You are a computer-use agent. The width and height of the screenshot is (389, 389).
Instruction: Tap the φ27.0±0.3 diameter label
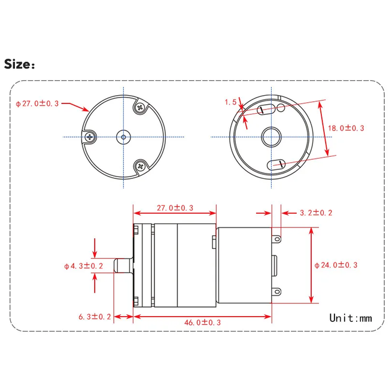(x=37, y=103)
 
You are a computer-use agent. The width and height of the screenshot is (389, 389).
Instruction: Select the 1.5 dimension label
(x=230, y=102)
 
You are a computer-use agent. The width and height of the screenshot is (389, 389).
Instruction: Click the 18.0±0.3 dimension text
(x=347, y=127)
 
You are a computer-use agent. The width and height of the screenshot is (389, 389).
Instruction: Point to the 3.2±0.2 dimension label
(x=315, y=212)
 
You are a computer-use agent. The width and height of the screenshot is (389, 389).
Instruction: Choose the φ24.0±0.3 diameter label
(x=336, y=265)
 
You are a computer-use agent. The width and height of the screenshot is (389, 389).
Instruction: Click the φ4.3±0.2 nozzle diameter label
(x=84, y=265)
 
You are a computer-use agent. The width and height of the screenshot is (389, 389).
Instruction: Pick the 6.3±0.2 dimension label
(x=95, y=317)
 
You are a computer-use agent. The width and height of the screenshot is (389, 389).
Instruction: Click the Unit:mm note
(x=350, y=318)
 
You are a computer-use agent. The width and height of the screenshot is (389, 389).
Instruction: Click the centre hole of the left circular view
(x=123, y=137)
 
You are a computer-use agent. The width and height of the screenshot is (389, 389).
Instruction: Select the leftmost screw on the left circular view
(x=90, y=137)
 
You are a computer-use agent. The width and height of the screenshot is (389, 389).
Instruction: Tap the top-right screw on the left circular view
(x=140, y=108)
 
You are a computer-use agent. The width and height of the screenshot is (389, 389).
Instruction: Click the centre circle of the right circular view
(x=270, y=136)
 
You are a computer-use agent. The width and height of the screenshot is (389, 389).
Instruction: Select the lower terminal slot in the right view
(x=278, y=163)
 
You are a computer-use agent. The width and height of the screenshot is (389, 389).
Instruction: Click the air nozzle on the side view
(x=123, y=265)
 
